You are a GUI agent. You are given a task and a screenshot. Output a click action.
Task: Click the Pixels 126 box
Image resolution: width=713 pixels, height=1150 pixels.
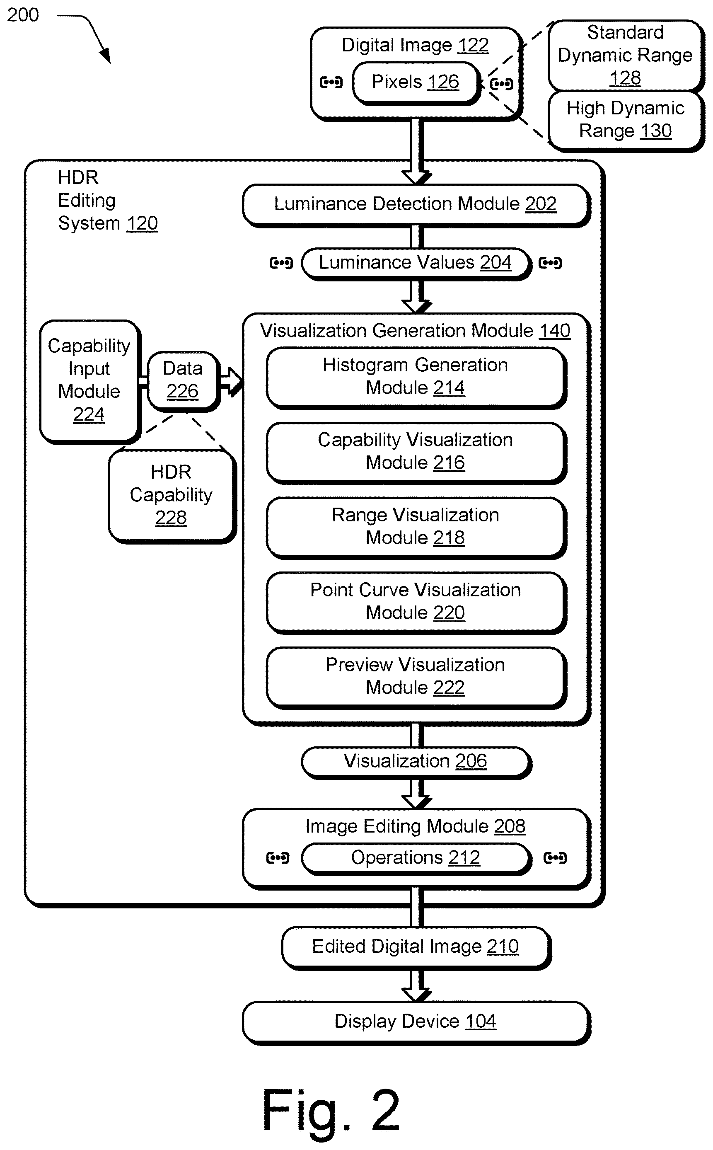(x=416, y=83)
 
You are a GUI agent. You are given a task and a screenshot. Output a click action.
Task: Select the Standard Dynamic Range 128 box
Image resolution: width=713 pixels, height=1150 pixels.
(x=626, y=56)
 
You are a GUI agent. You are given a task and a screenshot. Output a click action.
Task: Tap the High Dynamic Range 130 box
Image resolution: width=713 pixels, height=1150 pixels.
(x=626, y=121)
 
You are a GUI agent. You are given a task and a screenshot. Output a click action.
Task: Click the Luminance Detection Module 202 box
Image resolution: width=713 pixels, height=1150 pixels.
(x=416, y=205)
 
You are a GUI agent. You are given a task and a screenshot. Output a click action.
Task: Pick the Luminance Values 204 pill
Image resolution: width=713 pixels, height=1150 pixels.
(x=416, y=263)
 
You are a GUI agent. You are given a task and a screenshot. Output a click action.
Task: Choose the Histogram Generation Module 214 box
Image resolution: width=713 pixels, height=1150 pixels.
(x=416, y=378)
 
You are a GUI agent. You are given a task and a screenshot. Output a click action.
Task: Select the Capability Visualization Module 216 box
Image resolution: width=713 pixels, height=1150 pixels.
(x=416, y=453)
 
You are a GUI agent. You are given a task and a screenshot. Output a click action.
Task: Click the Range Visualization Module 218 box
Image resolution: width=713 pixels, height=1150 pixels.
(x=416, y=528)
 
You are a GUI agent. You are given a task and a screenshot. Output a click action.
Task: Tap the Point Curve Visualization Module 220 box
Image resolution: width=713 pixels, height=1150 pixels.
(x=416, y=603)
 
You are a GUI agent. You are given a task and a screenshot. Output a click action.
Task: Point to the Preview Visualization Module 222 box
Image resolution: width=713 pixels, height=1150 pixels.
(x=416, y=677)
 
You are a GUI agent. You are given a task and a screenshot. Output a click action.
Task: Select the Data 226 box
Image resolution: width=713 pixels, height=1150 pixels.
(x=184, y=381)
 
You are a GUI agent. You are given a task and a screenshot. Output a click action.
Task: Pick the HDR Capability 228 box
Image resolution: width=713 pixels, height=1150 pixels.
(x=172, y=496)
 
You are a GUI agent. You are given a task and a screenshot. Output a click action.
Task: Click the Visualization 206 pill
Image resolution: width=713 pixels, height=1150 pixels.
(x=416, y=762)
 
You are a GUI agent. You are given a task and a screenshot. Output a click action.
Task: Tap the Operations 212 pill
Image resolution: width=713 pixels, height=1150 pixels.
(x=416, y=859)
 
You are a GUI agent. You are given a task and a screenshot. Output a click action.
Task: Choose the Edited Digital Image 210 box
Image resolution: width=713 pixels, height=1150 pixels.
(x=416, y=948)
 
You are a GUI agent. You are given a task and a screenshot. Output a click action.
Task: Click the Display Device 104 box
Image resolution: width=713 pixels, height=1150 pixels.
(x=416, y=1023)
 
